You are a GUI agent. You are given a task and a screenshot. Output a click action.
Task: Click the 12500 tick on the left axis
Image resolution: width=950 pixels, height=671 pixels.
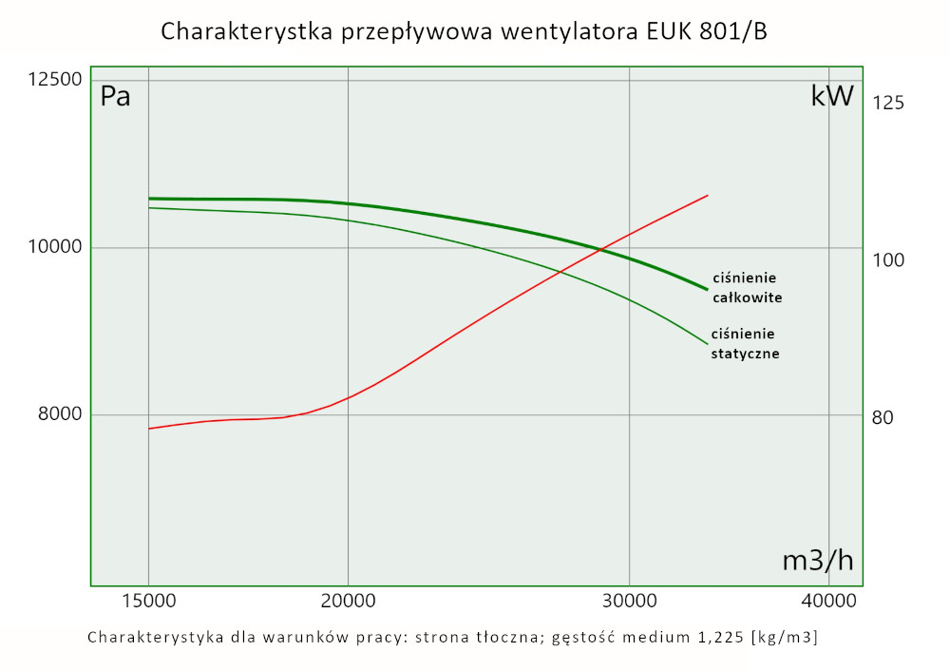tap(53, 80)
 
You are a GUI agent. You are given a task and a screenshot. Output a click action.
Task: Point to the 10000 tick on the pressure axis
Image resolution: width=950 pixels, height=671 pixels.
tap(53, 247)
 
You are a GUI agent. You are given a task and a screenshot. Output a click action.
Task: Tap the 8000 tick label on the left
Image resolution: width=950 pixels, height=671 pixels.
tap(58, 414)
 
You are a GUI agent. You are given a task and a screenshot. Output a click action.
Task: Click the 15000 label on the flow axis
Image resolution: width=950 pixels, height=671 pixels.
tap(148, 602)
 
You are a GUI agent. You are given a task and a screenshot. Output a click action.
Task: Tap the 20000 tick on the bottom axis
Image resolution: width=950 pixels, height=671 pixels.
tap(349, 602)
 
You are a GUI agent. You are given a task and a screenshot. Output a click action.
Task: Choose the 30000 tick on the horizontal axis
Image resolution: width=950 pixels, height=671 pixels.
tap(630, 602)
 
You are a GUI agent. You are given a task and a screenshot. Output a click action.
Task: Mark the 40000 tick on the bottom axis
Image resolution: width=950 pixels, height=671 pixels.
tap(829, 602)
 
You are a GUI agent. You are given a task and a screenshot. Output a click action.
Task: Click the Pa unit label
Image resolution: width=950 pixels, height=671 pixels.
tap(115, 97)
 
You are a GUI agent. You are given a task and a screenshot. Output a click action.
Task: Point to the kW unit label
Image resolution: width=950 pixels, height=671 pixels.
tap(832, 96)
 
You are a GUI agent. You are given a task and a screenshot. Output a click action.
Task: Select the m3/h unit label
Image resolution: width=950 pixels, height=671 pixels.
tap(817, 561)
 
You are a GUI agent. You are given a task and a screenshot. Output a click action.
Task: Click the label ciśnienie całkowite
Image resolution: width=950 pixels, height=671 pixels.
tap(746, 287)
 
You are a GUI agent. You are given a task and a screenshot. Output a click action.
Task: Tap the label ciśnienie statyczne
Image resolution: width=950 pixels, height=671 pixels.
tap(745, 343)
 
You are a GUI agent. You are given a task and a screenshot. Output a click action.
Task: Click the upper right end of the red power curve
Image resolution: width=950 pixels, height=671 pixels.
tap(708, 195)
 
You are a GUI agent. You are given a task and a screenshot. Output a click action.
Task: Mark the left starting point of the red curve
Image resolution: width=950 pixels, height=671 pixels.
tap(149, 429)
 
